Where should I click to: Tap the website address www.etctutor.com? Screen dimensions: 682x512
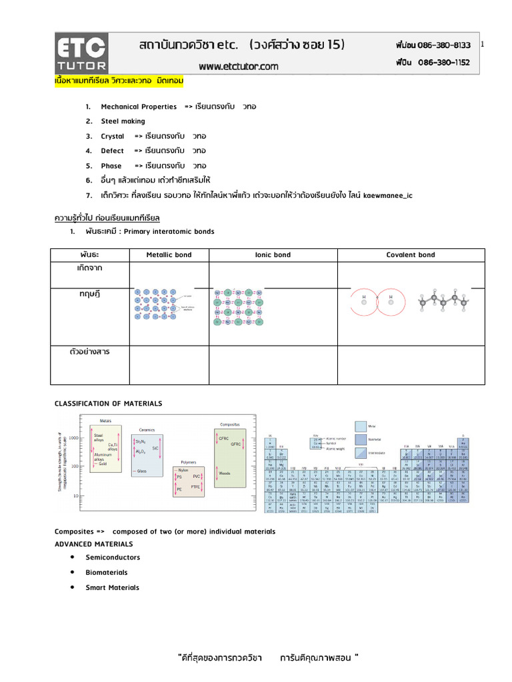point(239,67)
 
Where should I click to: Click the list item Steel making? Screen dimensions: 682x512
point(119,121)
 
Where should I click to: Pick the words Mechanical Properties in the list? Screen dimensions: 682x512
point(139,107)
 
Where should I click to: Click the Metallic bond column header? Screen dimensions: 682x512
point(169,255)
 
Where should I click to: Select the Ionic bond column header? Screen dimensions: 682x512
point(273,255)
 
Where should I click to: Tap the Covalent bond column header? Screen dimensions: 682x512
point(411,255)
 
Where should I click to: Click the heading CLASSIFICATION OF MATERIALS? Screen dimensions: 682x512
point(108,404)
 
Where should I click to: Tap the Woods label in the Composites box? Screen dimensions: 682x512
point(225,474)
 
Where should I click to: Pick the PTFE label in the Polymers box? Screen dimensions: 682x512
point(195,487)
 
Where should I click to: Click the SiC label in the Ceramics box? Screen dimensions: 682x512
point(155,449)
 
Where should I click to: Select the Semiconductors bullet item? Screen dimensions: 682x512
point(113,557)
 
